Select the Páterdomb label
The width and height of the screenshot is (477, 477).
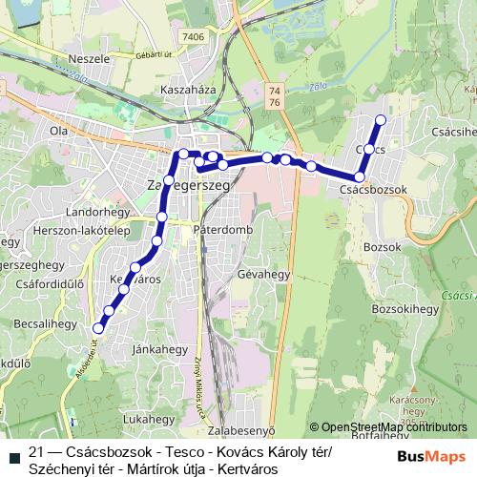220,230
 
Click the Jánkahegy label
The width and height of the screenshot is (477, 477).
156,348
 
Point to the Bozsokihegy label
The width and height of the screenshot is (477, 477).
402,311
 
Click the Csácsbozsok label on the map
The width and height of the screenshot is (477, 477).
373,191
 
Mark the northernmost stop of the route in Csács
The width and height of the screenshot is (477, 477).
381,119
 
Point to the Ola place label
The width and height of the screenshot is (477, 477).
59,130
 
